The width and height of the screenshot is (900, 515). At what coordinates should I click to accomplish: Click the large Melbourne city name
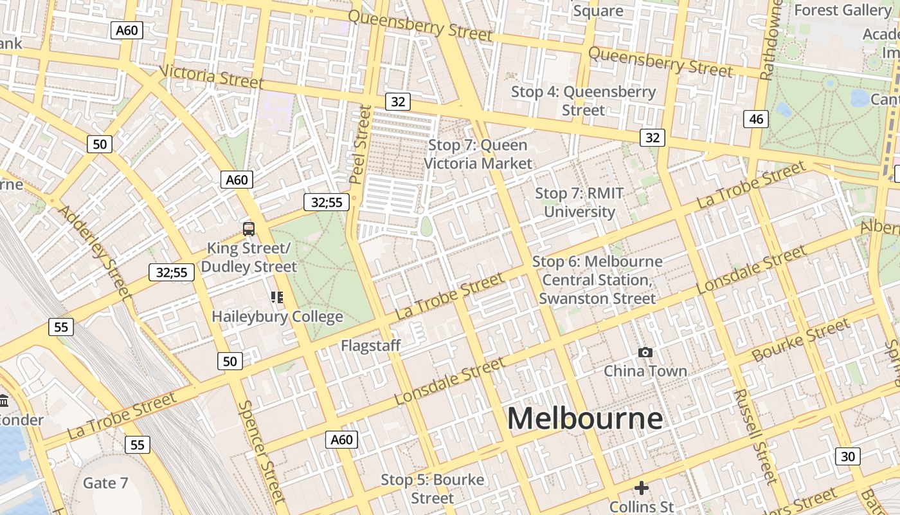(584, 418)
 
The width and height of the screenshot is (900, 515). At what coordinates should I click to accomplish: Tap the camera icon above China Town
(645, 352)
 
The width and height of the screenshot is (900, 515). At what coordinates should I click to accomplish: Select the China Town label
(645, 371)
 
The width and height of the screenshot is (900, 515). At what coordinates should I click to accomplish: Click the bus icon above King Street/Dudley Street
(248, 229)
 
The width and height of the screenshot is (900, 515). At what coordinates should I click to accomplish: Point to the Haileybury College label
(277, 317)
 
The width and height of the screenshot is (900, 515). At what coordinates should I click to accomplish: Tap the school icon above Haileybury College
(277, 297)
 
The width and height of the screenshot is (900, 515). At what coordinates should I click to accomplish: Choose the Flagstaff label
(371, 346)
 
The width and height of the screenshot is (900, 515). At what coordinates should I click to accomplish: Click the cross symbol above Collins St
(641, 488)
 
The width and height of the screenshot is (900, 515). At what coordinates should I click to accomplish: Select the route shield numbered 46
(756, 118)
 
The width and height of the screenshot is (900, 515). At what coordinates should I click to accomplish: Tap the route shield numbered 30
(848, 456)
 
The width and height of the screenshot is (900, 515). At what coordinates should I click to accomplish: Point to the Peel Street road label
(361, 144)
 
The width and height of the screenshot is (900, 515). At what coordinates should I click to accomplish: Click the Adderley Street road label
(95, 252)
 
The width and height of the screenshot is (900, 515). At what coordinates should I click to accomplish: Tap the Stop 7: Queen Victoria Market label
(478, 154)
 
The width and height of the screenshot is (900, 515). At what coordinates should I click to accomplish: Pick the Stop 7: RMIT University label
(579, 202)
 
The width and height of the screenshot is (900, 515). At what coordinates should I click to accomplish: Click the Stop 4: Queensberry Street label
(583, 100)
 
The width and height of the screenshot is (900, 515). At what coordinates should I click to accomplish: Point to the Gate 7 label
(105, 483)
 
